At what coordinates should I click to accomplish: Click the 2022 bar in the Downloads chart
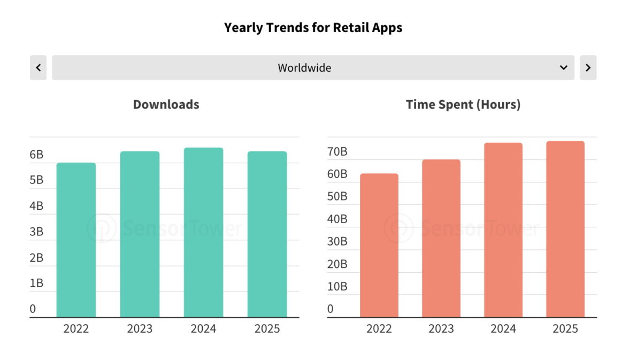coord(76,240)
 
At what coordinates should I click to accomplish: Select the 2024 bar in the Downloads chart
coord(203,233)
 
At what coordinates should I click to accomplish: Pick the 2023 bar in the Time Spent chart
coord(441,239)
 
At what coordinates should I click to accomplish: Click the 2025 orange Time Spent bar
coord(565,229)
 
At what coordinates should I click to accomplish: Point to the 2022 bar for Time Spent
coord(379,246)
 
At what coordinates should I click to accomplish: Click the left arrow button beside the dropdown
coord(38,67)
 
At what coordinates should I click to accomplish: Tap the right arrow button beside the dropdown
coord(588,67)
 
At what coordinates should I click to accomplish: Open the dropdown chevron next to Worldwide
coord(563,67)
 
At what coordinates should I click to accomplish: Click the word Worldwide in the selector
coord(304,68)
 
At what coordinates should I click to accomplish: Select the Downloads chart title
coord(166,104)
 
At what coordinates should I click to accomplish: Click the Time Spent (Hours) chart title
coord(463,104)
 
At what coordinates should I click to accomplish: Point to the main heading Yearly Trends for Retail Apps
coord(313,28)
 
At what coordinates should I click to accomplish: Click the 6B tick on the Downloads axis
coord(36,155)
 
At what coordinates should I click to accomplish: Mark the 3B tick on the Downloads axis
coord(36,232)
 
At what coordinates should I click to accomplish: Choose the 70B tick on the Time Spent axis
coord(337,152)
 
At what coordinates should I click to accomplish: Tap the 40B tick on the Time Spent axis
coord(337,219)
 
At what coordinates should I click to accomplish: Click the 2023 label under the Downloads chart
coord(140,328)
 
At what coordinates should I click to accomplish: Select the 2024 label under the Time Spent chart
coord(503,328)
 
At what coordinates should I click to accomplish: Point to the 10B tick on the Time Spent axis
coord(337,286)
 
